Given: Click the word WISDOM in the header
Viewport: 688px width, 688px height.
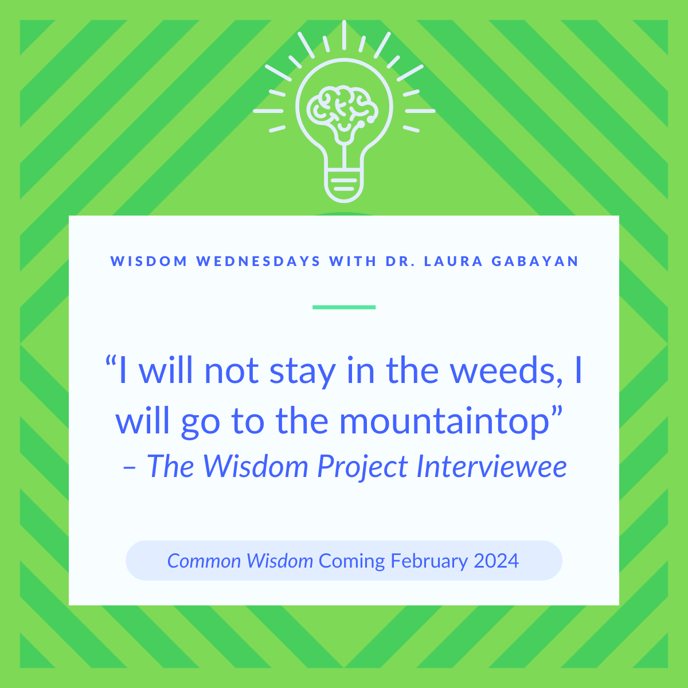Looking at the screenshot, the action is [x=149, y=261].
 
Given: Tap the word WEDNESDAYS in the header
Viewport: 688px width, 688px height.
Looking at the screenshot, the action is [x=259, y=261].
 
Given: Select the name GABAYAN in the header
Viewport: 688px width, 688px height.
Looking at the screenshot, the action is [x=535, y=261].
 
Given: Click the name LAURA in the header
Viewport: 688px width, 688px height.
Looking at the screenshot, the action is [x=454, y=261].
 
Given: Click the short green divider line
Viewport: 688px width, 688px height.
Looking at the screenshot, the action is [x=344, y=307].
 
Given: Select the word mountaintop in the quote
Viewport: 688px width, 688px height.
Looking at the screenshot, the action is [x=444, y=422].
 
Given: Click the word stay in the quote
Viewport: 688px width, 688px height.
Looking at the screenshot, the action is [x=303, y=373].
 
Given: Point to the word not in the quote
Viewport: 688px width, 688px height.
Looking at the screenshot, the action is [x=232, y=372].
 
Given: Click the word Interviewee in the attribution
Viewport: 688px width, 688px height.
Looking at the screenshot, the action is [x=492, y=466].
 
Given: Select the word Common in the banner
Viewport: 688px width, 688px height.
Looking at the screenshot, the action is [x=204, y=561].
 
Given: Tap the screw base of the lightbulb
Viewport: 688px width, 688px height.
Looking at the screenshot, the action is [x=344, y=186].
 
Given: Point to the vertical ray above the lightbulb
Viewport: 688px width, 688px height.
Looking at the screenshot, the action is [x=344, y=34].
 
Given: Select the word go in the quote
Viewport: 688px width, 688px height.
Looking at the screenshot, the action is [x=200, y=425].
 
